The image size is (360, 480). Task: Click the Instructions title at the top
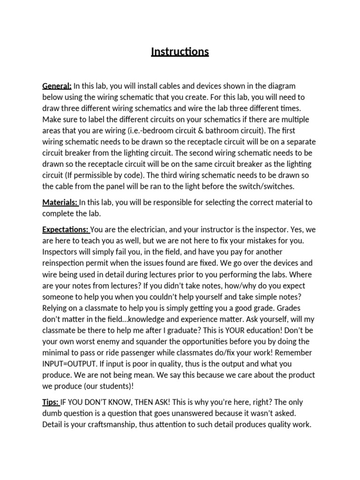tap(180, 52)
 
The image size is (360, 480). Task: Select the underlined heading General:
tap(57, 86)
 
